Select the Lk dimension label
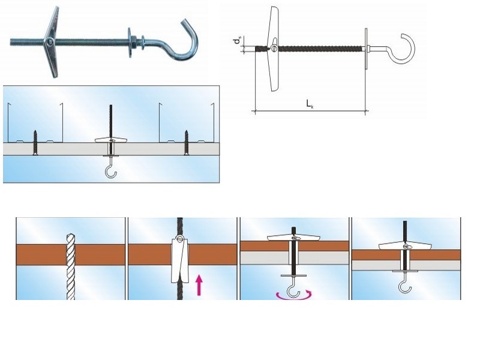[310, 104]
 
